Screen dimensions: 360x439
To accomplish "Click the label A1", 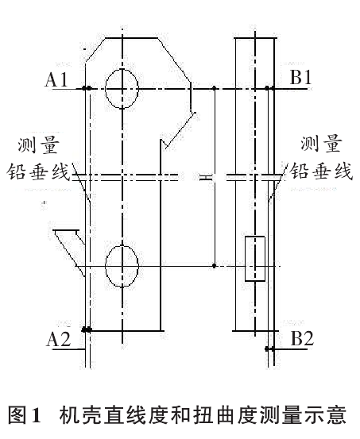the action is point(56,79).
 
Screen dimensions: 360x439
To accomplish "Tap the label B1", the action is point(301,76).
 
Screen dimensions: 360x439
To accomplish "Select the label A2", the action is point(59,339).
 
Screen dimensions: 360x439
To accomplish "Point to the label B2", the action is point(302,338).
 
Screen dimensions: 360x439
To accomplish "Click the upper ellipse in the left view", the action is point(106,88).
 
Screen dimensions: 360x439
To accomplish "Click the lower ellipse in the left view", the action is point(106,266).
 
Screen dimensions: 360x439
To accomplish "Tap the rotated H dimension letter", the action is point(205,177).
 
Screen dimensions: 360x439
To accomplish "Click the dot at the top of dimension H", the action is point(215,88).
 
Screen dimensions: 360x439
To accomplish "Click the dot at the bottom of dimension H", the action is point(215,266).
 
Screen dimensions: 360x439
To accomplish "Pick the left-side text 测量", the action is point(39,145).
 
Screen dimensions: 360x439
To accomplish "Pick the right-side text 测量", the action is point(322,143).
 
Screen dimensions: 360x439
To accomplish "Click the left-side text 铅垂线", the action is point(38,171).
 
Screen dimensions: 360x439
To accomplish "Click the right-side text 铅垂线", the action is point(321,170).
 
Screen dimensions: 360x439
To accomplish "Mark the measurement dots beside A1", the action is point(87,88).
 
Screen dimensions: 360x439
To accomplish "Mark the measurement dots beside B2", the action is point(269,349).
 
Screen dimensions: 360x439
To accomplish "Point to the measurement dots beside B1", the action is point(269,88).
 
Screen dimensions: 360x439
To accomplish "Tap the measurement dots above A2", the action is point(87,329).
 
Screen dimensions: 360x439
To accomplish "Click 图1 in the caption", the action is point(25,415).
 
